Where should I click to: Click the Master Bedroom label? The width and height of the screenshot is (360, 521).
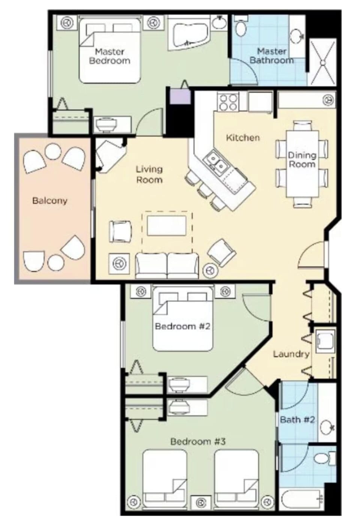(109, 56)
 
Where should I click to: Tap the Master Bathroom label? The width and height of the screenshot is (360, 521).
(271, 56)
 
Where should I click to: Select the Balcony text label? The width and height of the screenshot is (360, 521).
(49, 200)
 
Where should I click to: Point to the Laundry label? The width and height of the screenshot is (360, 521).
(291, 354)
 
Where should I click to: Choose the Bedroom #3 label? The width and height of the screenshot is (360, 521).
(198, 441)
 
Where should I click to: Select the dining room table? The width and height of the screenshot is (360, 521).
(302, 163)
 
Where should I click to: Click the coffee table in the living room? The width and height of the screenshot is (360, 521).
(167, 225)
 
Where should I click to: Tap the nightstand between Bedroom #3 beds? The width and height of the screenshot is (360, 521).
(201, 502)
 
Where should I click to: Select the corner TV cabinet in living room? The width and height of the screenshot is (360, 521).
(109, 153)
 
